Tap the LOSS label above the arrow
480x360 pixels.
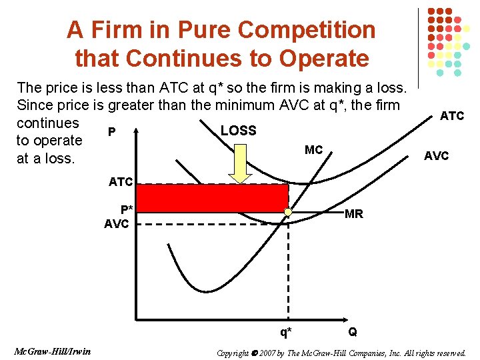point(238,131)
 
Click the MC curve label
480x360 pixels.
point(313,150)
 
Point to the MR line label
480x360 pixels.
point(353,214)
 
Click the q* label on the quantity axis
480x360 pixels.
point(286,331)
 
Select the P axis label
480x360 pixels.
point(111,132)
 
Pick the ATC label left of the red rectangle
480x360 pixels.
point(121,181)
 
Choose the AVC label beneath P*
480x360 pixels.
point(117,224)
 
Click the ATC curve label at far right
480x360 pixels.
point(452,116)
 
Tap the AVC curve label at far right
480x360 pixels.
point(437,156)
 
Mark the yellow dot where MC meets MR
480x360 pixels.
point(287,213)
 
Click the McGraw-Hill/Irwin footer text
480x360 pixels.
point(51,351)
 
